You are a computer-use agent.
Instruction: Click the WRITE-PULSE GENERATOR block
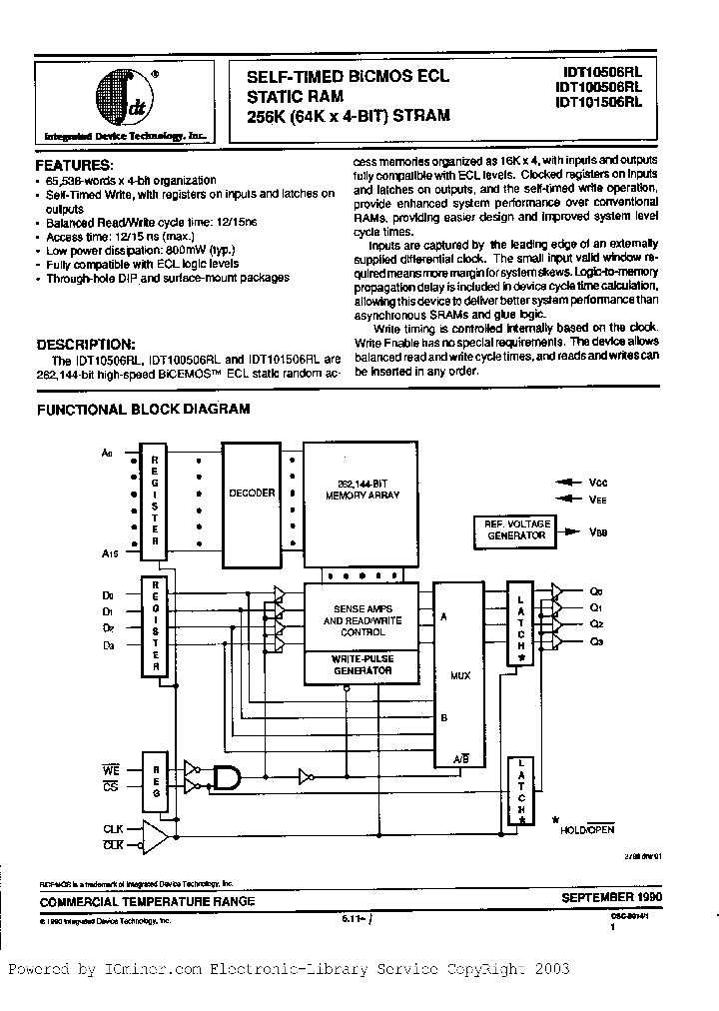[361, 665]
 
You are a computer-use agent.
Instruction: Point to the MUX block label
[460, 675]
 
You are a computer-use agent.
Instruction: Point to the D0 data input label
[108, 593]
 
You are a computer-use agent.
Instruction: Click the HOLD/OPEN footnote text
[586, 829]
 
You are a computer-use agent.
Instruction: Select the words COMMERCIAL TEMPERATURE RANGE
[147, 901]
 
